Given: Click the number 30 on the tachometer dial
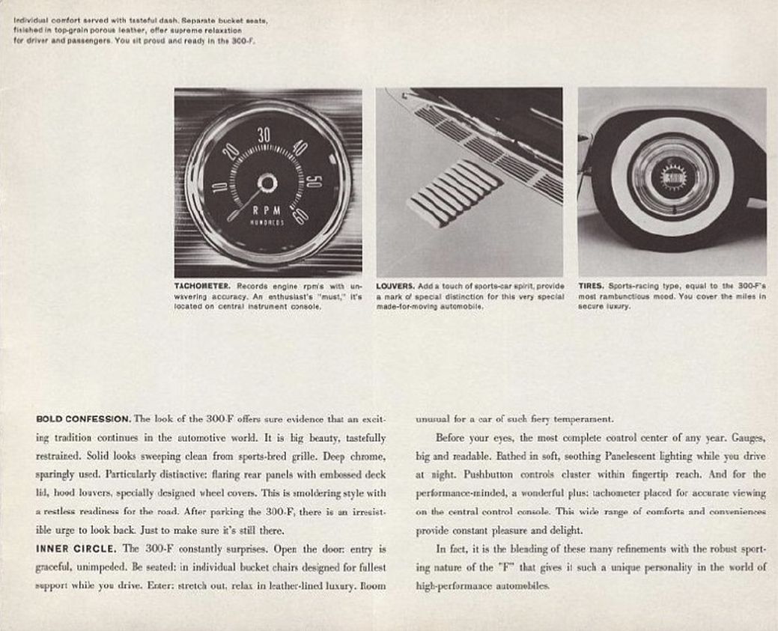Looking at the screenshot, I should point(264,135).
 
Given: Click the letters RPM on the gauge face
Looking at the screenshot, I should point(267,211).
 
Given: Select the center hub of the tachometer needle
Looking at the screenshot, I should point(267,183).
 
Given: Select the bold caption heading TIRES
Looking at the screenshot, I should point(591,286).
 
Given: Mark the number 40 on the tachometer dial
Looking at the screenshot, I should point(300,147).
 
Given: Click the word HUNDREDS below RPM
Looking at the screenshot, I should point(267,223).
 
